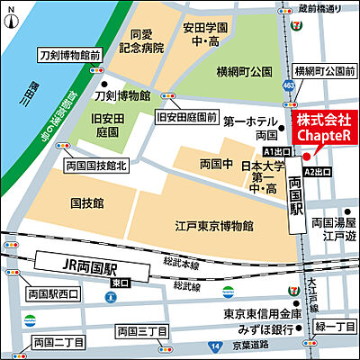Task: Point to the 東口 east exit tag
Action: (119, 282)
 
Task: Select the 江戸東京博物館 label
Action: (213, 225)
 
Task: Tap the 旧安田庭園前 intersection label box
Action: (186, 117)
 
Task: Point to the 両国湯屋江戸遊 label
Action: (334, 228)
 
